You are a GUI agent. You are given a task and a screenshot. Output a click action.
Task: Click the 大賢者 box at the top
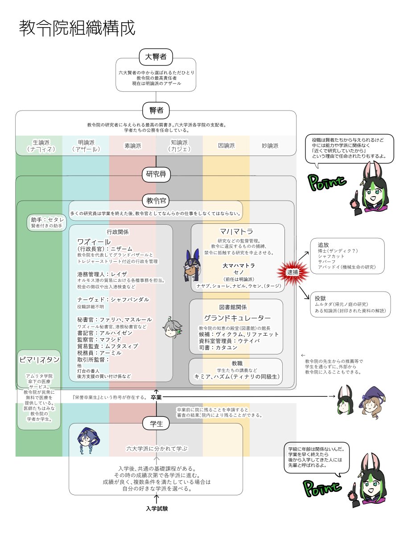tap(156, 57)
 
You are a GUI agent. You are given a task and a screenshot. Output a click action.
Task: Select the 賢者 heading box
tap(156, 110)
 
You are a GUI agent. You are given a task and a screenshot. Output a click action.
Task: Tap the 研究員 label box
tap(156, 174)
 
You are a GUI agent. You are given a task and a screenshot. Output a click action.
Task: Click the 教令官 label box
tap(156, 201)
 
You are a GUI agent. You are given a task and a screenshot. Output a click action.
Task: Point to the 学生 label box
tap(156, 424)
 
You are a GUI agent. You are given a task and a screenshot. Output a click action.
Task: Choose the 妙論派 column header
tap(270, 145)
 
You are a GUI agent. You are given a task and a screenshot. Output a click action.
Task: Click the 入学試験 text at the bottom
tap(157, 509)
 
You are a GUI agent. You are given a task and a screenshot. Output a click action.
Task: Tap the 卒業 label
tap(156, 397)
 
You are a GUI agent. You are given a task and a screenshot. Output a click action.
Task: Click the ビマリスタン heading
tap(39, 359)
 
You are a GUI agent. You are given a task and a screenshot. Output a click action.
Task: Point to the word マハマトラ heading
tap(236, 231)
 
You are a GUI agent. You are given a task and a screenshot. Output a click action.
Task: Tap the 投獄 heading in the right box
tap(321, 297)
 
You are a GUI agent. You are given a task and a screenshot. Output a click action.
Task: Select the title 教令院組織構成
tap(76, 28)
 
